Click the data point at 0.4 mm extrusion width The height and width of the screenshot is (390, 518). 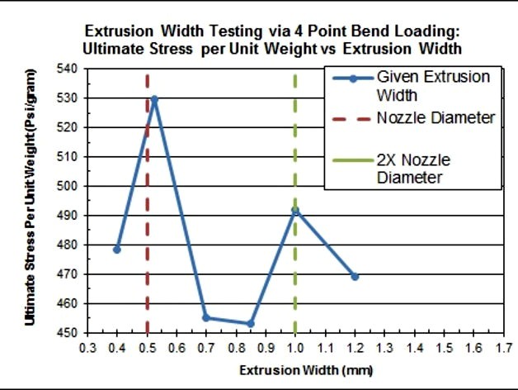(117, 249)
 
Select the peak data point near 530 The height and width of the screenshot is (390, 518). (154, 99)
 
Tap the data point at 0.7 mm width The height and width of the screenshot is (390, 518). (206, 318)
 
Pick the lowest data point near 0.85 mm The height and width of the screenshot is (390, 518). (251, 324)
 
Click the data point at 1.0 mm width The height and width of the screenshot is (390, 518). (295, 211)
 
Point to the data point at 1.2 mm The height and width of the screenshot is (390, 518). (355, 276)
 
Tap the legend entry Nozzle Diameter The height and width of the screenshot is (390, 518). (436, 118)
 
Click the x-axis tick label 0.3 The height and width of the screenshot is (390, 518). (87, 348)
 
